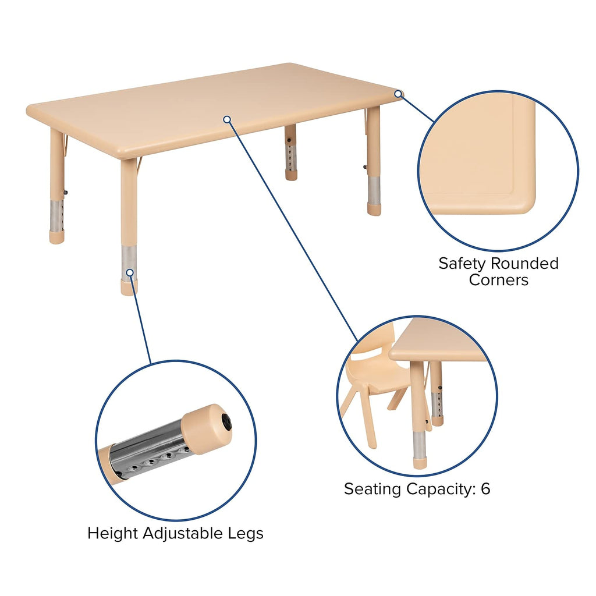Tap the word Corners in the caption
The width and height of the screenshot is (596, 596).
[499, 280]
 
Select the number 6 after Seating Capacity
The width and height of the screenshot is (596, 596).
[485, 489]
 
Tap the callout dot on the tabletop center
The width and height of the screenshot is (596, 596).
[227, 119]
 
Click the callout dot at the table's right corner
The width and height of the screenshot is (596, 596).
[398, 93]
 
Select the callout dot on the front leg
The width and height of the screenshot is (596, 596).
[129, 272]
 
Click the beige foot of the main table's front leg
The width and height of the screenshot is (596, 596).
[129, 288]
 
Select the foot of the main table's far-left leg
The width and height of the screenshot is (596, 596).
[56, 237]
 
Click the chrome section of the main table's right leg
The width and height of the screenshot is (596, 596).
[374, 190]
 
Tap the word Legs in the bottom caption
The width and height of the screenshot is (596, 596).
[248, 533]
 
